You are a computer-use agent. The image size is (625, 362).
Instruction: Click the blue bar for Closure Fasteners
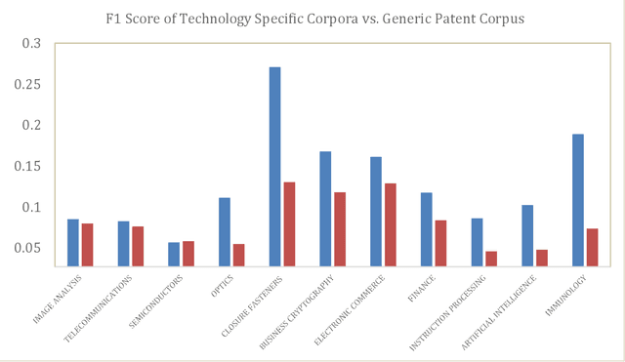tap(274, 166)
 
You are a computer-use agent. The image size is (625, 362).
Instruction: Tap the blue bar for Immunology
tap(578, 199)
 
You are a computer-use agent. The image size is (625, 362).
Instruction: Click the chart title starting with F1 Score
tap(312, 19)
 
